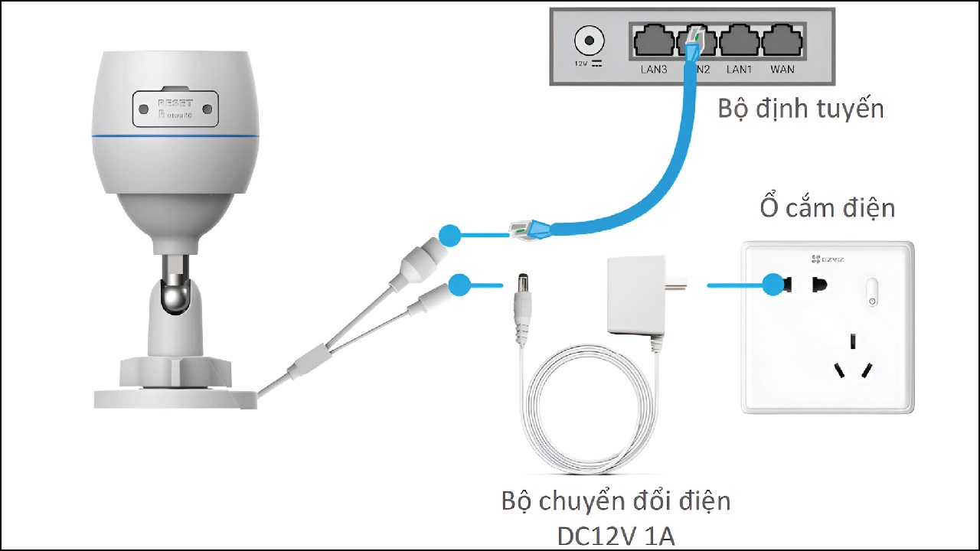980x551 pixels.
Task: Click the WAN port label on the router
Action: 782,70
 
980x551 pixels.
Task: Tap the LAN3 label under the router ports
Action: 654,70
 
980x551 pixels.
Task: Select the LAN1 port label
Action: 739,70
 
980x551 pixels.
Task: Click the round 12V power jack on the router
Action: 588,39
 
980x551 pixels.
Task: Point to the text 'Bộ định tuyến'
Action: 800,108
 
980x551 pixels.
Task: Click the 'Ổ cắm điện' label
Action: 827,207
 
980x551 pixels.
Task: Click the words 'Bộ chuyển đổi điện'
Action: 616,501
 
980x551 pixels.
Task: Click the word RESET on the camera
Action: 175,103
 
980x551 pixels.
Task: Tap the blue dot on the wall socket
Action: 774,285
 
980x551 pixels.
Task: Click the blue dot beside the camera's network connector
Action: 450,235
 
